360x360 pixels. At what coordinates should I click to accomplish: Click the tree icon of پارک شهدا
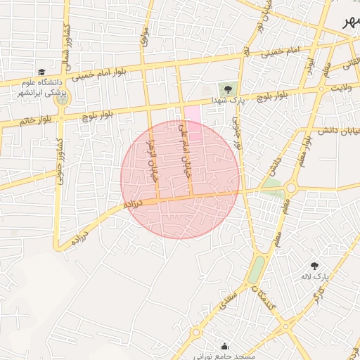click(x=227, y=88)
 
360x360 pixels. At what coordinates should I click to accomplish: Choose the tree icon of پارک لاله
click(x=314, y=265)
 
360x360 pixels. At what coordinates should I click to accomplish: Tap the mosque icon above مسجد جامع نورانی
click(x=224, y=345)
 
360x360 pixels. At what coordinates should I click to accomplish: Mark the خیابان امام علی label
click(x=184, y=141)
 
